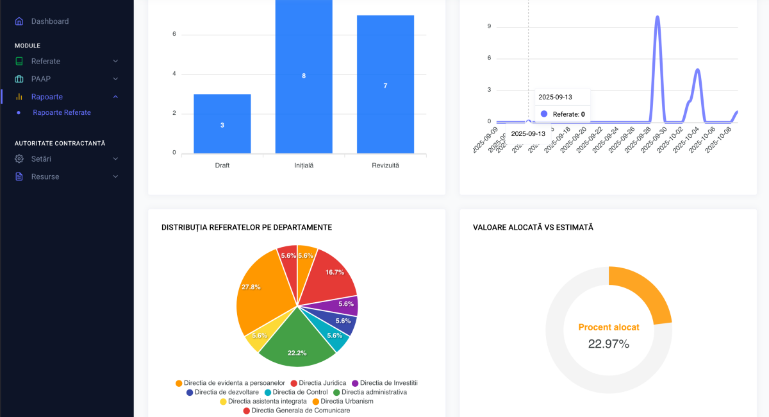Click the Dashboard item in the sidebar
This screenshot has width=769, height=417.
click(x=49, y=21)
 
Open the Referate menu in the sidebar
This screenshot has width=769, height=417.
click(x=45, y=61)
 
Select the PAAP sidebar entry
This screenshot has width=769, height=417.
click(x=40, y=79)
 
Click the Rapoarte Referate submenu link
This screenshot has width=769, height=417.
click(x=62, y=112)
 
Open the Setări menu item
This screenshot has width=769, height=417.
click(x=41, y=158)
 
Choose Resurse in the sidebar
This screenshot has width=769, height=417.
click(x=45, y=176)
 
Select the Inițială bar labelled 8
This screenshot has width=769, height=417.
click(x=304, y=76)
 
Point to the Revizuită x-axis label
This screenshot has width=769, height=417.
click(x=385, y=166)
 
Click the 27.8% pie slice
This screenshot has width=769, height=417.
click(x=260, y=295)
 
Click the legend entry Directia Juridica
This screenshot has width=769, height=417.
click(x=322, y=383)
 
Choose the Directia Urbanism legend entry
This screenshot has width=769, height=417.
click(x=347, y=401)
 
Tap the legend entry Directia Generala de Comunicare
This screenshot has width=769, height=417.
click(x=301, y=410)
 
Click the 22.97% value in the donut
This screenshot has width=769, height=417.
click(x=608, y=344)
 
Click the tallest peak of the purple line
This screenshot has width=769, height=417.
click(x=657, y=17)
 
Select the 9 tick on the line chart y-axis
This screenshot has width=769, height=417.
click(x=489, y=26)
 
